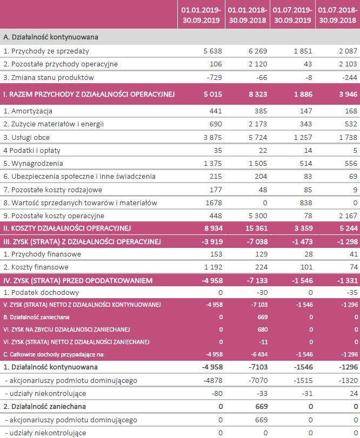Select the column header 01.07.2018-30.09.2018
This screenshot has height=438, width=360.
[337, 14]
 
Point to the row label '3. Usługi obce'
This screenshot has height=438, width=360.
[26, 137]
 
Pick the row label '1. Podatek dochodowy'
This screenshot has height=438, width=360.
[41, 292]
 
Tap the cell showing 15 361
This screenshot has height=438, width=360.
[254, 228]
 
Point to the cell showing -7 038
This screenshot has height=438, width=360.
[255, 241]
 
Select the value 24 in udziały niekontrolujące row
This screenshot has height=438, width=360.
[354, 394]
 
